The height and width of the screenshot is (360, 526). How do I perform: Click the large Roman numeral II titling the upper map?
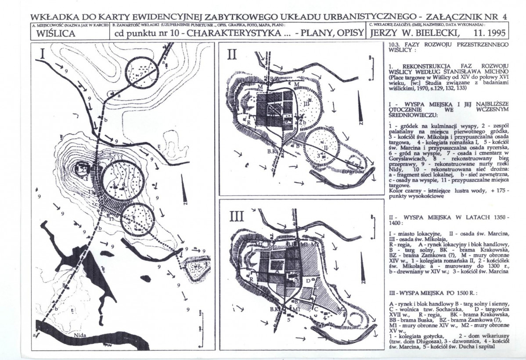point(232,54)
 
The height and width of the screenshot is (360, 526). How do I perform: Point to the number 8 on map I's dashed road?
point(65,286)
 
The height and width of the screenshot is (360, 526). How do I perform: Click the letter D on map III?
point(308,280)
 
